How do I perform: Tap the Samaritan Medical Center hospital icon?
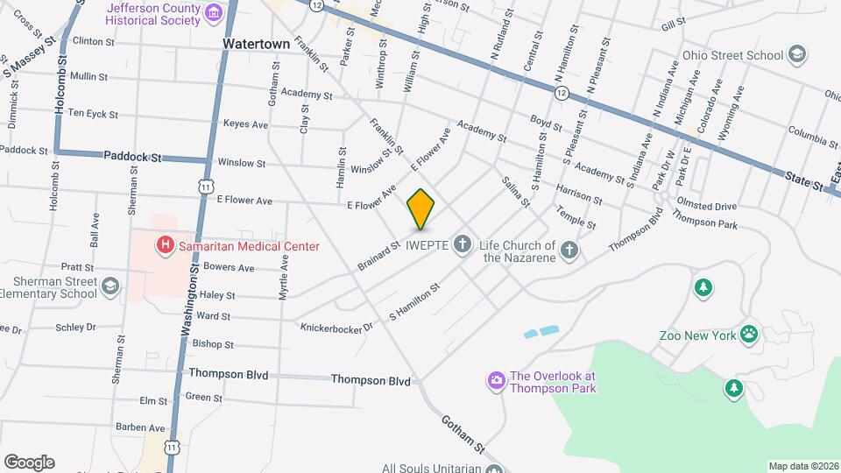pyautogui.click(x=164, y=246)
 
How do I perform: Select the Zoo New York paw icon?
pyautogui.click(x=749, y=333)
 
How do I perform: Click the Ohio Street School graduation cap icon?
pyautogui.click(x=796, y=55)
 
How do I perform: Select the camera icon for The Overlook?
pyautogui.click(x=496, y=380)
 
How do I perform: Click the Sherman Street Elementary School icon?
pyautogui.click(x=110, y=286)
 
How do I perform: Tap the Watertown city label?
pyautogui.click(x=256, y=42)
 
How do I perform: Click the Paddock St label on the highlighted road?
pyautogui.click(x=132, y=157)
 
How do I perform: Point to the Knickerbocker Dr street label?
pyautogui.click(x=336, y=327)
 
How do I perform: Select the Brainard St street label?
pyautogui.click(x=378, y=254)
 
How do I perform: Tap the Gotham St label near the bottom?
pyautogui.click(x=463, y=434)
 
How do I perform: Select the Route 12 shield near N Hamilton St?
pyautogui.click(x=562, y=91)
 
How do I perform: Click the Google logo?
pyautogui.click(x=29, y=462)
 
